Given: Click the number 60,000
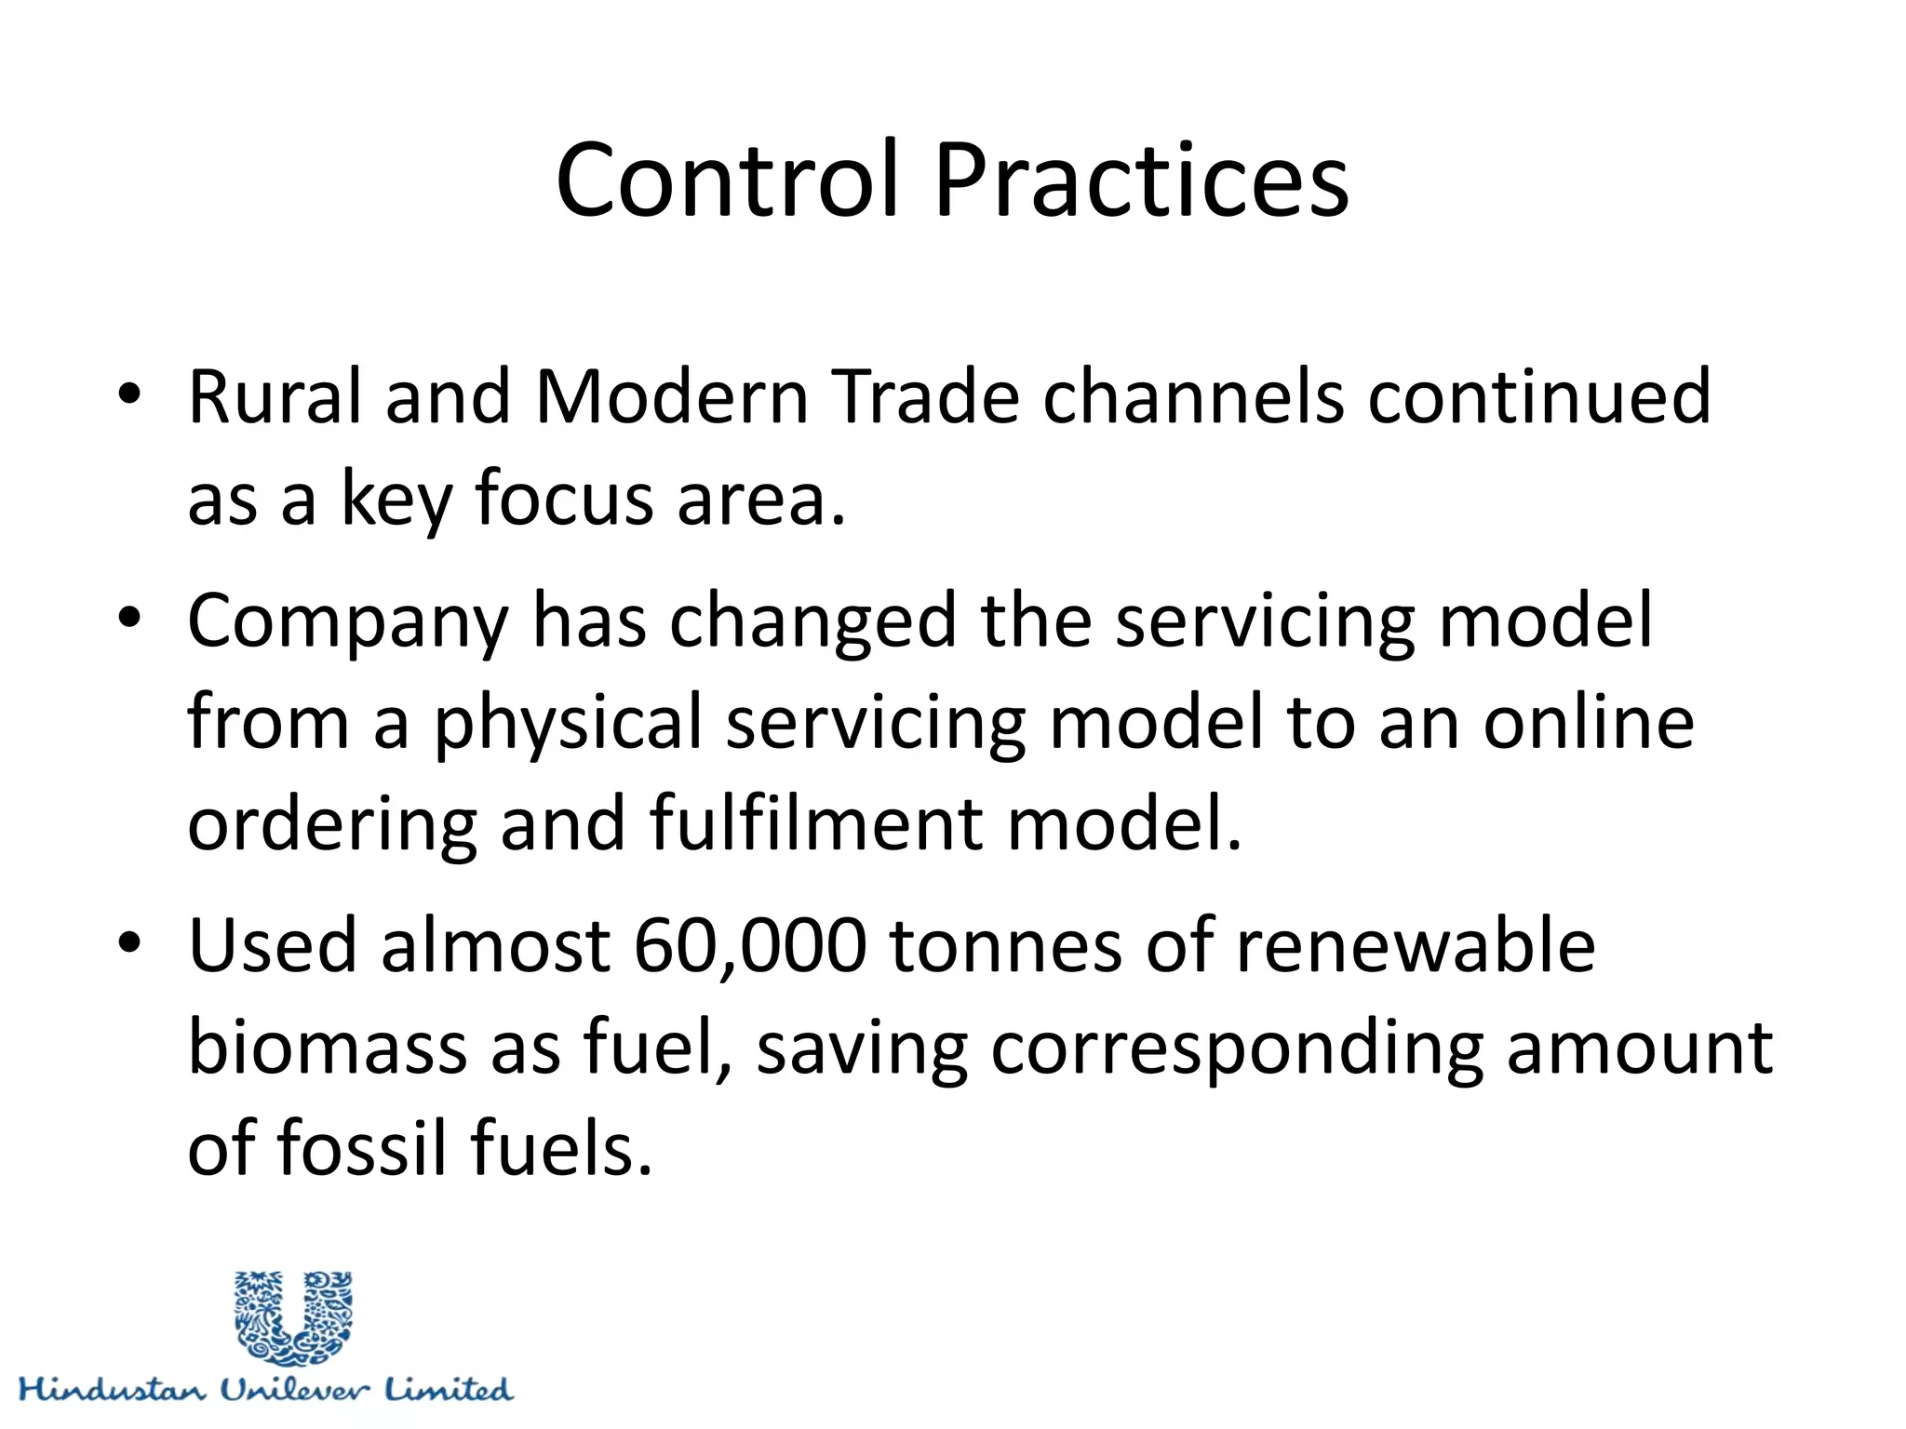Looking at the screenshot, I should click(750, 945).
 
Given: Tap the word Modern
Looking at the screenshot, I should click(671, 396).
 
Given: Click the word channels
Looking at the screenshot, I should click(1193, 396).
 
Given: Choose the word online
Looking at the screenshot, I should click(1588, 723).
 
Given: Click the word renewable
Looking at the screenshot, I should click(1416, 945).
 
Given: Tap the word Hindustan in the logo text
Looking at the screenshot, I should click(112, 1390).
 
